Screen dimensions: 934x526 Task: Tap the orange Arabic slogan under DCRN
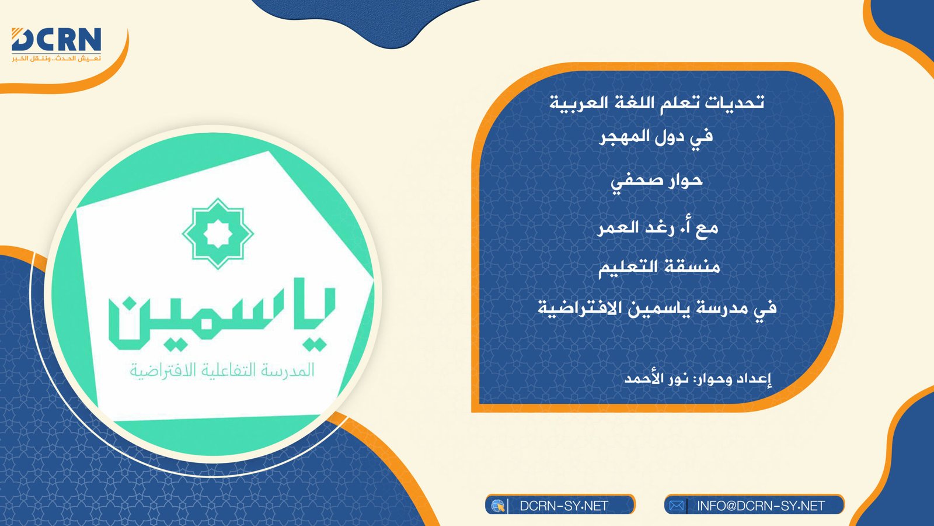pos(56,58)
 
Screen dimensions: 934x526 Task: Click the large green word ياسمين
pos(222,319)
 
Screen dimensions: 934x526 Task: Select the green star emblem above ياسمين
pos(218,233)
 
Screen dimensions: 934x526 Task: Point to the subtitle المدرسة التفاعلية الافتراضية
pos(222,371)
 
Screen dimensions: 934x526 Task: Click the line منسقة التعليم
pos(659,267)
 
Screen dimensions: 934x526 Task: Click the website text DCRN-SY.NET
pos(564,506)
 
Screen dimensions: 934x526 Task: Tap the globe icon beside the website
pos(497,506)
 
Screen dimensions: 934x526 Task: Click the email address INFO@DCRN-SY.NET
pos(761,506)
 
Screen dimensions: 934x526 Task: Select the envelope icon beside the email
pos(677,506)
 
